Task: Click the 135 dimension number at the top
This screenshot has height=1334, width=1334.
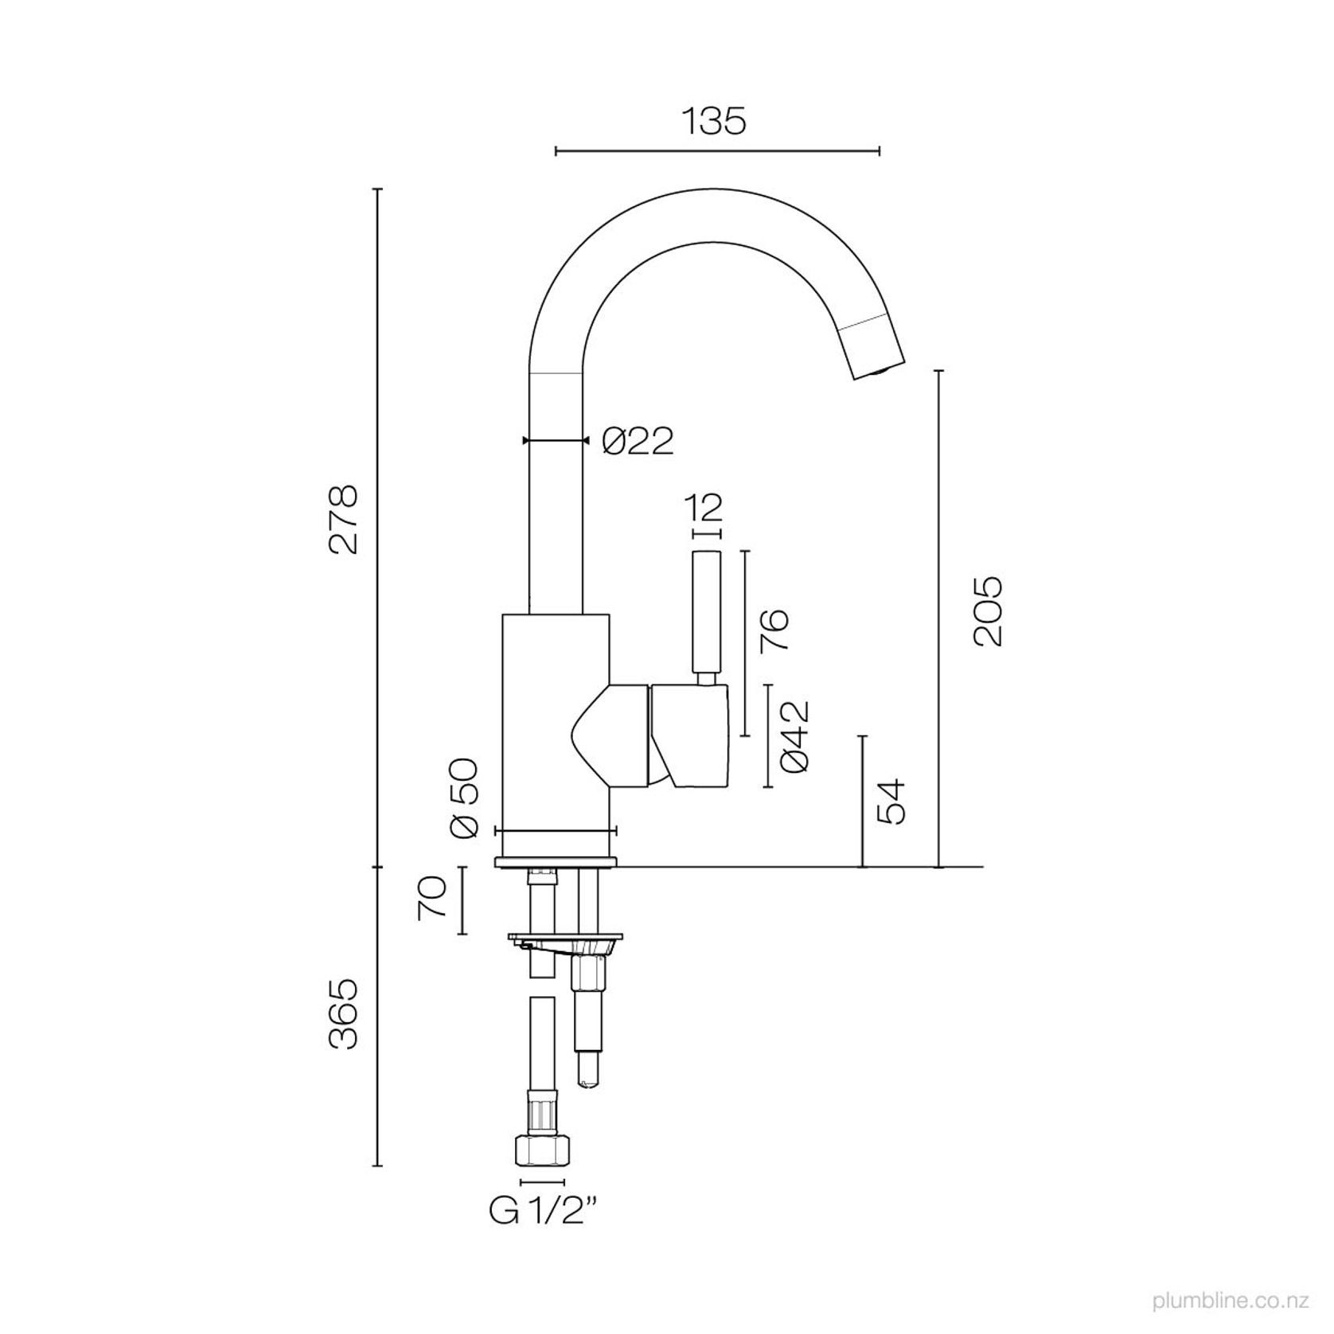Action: pos(714,122)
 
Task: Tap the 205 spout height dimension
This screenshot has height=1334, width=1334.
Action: pos(988,610)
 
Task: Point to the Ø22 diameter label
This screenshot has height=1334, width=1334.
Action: pos(638,441)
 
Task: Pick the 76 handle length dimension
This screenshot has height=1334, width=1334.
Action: pos(774,631)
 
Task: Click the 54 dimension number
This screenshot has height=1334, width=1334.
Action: pos(890,802)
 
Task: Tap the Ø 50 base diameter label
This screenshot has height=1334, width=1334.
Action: pos(463,798)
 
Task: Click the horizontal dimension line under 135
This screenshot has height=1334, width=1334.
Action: pos(716,150)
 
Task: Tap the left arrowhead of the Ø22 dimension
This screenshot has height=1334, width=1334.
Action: pos(525,440)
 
